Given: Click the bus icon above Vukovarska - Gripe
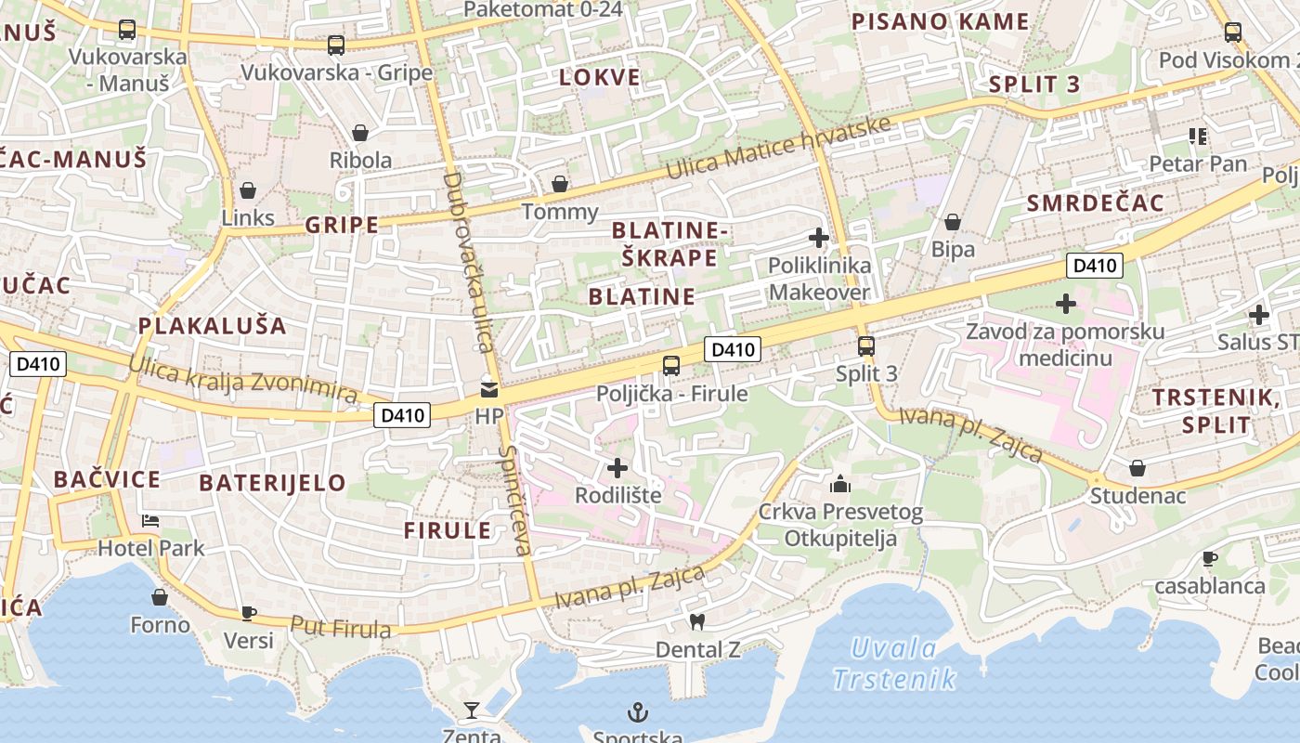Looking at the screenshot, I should point(336,45).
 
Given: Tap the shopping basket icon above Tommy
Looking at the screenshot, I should point(560,184).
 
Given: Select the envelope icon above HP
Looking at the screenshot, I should point(488,389).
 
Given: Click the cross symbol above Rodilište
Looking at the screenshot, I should point(617,467).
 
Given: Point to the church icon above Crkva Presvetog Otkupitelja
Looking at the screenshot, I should point(840,484).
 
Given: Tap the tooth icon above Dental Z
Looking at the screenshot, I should point(697,622).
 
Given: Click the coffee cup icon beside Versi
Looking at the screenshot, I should point(248,613).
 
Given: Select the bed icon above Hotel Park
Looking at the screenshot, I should point(150,520).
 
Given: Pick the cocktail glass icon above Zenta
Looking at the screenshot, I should point(472,710).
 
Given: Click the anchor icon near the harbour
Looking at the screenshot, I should point(637,712).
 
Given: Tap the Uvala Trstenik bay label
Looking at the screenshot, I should point(894,663).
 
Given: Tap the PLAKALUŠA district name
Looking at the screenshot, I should point(213,326).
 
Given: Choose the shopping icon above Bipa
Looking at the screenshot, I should point(953,222).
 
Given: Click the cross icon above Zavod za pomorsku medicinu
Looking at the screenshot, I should point(1066,304).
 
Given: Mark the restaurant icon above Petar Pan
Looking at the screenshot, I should point(1198,137).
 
